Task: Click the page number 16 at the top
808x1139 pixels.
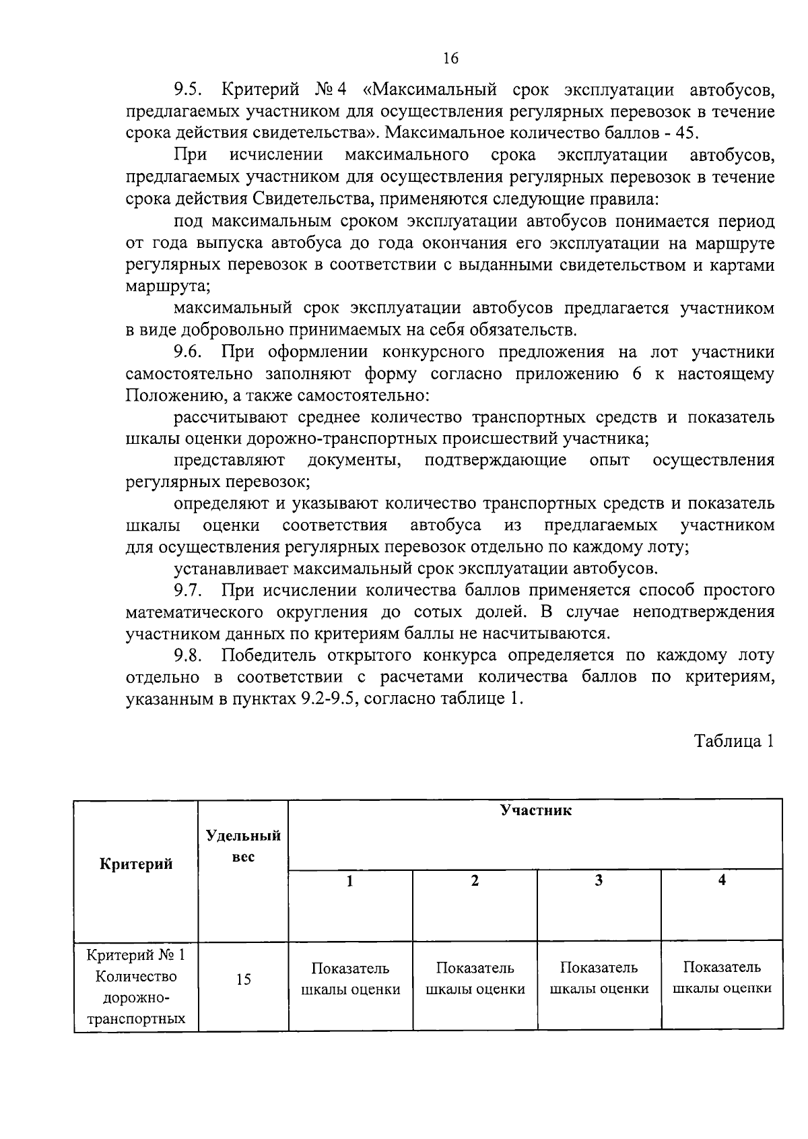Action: (x=450, y=59)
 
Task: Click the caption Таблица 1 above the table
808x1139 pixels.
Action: (x=733, y=742)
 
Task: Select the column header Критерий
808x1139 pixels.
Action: (x=136, y=864)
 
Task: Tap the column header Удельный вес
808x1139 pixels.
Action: (x=243, y=846)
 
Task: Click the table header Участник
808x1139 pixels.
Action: (x=535, y=810)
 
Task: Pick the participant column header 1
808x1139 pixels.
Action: (x=349, y=881)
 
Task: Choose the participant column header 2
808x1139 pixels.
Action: (x=475, y=881)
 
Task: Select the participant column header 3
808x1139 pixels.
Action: (x=599, y=880)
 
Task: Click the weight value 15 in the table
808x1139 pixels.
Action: (x=243, y=979)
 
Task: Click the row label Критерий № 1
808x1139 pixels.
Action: (x=136, y=955)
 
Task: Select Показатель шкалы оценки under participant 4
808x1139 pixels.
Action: (x=722, y=977)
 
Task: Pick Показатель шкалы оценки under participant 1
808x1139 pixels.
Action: (x=350, y=979)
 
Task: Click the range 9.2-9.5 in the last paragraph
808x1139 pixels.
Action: (x=328, y=698)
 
